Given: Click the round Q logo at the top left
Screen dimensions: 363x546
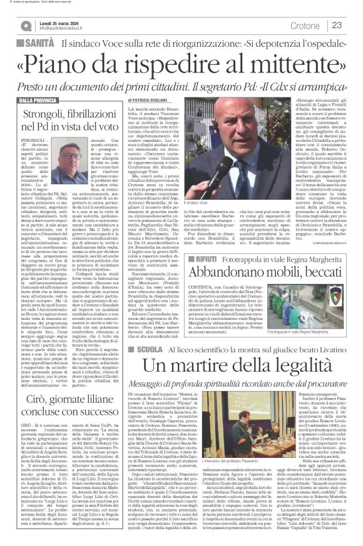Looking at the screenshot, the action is pyautogui.click(x=26, y=26).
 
